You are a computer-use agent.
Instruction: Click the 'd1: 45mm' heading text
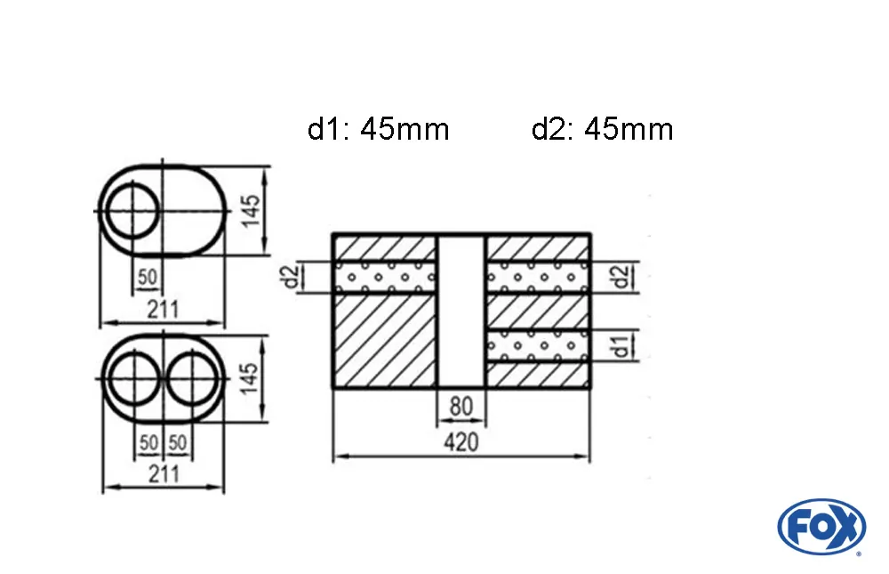379,130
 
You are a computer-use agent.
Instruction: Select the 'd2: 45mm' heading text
602,130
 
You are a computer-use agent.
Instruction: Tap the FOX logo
821,525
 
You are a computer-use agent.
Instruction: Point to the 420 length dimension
461,442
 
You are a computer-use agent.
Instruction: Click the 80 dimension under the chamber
461,407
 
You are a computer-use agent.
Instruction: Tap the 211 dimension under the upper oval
163,309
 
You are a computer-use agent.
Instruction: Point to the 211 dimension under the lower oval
163,473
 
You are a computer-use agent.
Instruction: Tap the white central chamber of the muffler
461,311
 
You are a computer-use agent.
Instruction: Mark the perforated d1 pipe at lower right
537,345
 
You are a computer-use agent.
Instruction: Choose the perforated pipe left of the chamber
384,277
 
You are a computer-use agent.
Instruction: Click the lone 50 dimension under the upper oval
148,279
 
